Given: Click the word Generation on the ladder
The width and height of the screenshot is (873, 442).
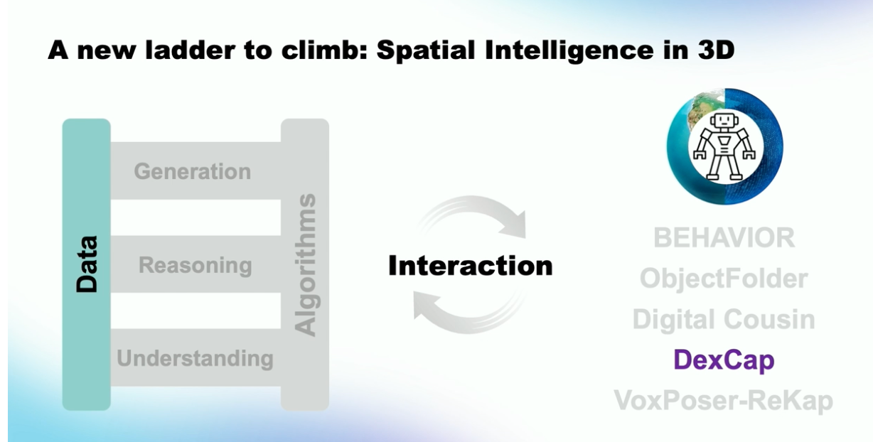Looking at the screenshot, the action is tap(193, 172).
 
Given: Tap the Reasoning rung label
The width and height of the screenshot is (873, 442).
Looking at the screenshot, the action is tap(196, 266).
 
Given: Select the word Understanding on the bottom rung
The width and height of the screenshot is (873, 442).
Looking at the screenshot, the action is tap(196, 359).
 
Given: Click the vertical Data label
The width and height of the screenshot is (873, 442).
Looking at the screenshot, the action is tap(87, 264).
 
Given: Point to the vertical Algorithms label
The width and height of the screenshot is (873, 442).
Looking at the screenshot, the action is tap(305, 265).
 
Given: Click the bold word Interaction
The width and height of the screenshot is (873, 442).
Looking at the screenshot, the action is tap(471, 266).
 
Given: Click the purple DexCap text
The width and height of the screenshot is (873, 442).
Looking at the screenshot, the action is tap(724, 360).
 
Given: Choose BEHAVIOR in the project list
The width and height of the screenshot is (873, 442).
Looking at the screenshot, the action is tap(724, 237).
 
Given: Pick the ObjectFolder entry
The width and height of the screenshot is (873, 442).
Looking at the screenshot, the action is tap(724, 279).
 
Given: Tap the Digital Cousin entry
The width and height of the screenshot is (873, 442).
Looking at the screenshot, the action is tap(724, 319).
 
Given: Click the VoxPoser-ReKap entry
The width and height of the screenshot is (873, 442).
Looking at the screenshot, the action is tap(724, 401).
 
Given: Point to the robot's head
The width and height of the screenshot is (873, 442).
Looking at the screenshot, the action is tap(724, 121).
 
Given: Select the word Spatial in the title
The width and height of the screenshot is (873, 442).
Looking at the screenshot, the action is tap(426, 51).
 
